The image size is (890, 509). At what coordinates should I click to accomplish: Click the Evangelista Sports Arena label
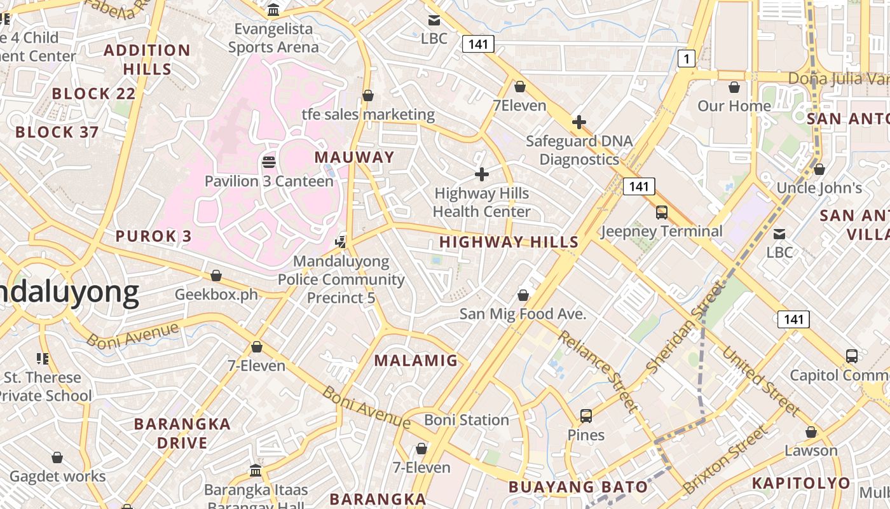pyautogui.click(x=273, y=38)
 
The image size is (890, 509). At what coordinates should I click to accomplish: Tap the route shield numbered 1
pyautogui.click(x=686, y=59)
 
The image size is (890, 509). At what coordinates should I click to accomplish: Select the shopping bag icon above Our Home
pyautogui.click(x=734, y=87)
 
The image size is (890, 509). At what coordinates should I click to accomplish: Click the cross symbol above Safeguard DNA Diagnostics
pyautogui.click(x=579, y=122)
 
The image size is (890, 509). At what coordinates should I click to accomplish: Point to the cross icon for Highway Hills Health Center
pyautogui.click(x=482, y=174)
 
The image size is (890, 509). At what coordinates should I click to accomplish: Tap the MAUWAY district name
pyautogui.click(x=355, y=157)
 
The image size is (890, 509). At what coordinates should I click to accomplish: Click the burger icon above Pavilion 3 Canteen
pyautogui.click(x=268, y=162)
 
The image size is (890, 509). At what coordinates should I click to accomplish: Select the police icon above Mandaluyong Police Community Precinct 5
pyautogui.click(x=341, y=241)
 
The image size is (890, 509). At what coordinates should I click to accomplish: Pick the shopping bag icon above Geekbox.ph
pyautogui.click(x=216, y=275)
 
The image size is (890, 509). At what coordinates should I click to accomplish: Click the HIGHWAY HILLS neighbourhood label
pyautogui.click(x=509, y=242)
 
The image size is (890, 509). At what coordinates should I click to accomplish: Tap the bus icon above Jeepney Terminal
pyautogui.click(x=662, y=213)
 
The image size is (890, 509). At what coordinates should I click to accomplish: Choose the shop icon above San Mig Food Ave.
pyautogui.click(x=523, y=295)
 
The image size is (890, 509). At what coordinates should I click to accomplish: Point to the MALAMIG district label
pyautogui.click(x=416, y=361)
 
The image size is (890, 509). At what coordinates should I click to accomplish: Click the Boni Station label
pyautogui.click(x=467, y=420)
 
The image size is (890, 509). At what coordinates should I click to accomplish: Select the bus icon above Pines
pyautogui.click(x=586, y=416)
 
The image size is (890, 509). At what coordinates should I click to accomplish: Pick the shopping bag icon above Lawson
pyautogui.click(x=811, y=432)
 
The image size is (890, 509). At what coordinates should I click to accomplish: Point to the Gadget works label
pyautogui.click(x=58, y=477)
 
